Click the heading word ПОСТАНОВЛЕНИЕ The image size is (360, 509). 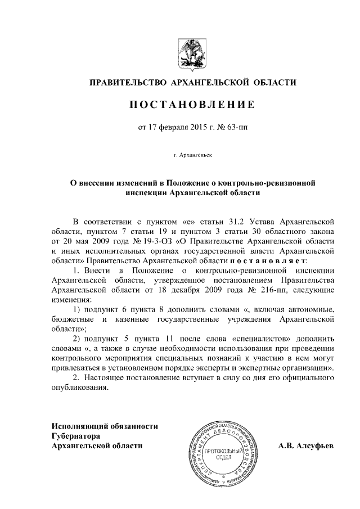click(x=193, y=105)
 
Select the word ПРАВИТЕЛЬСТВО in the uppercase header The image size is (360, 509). click(x=128, y=84)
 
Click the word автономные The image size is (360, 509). click(x=306, y=310)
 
